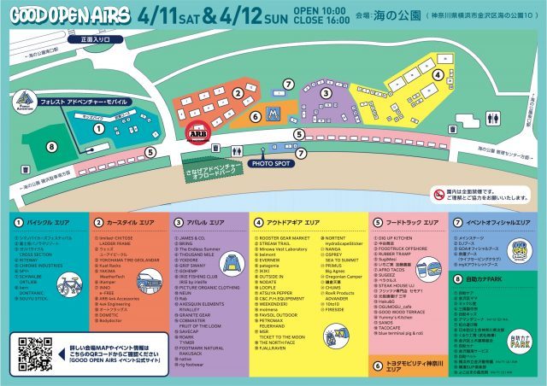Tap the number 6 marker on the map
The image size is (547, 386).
click(255, 116)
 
